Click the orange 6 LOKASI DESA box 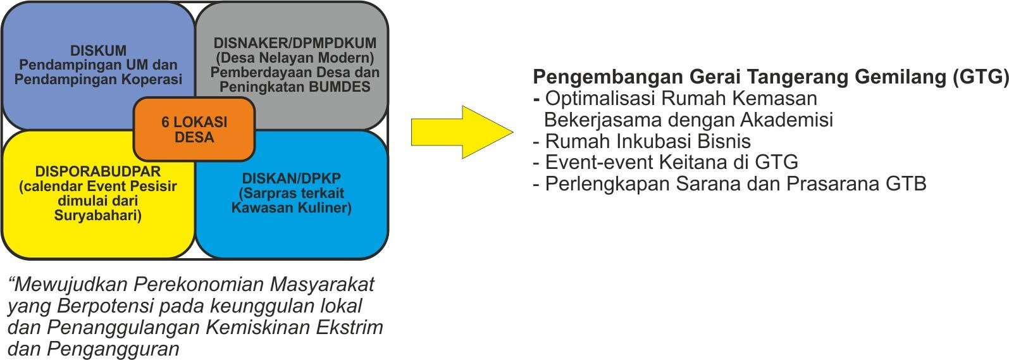coord(194,129)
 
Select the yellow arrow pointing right coord(462,132)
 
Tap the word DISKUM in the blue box coord(98,51)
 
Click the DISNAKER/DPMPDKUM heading coord(295,43)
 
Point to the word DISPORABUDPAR coord(98,171)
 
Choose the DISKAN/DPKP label coord(292,178)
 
